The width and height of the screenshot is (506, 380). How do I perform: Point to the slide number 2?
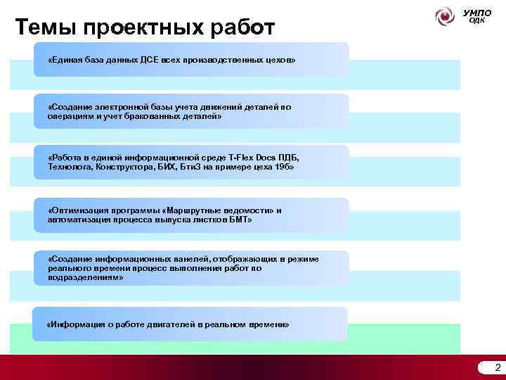click(x=498, y=367)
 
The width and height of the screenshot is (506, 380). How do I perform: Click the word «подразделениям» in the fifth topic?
click(x=84, y=277)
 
